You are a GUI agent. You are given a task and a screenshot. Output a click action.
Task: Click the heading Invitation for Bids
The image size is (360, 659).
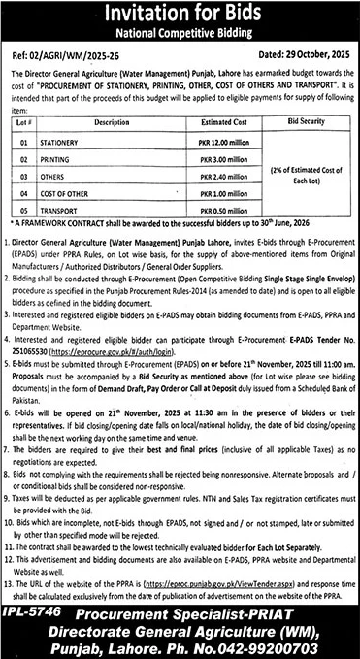[x=180, y=16]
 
